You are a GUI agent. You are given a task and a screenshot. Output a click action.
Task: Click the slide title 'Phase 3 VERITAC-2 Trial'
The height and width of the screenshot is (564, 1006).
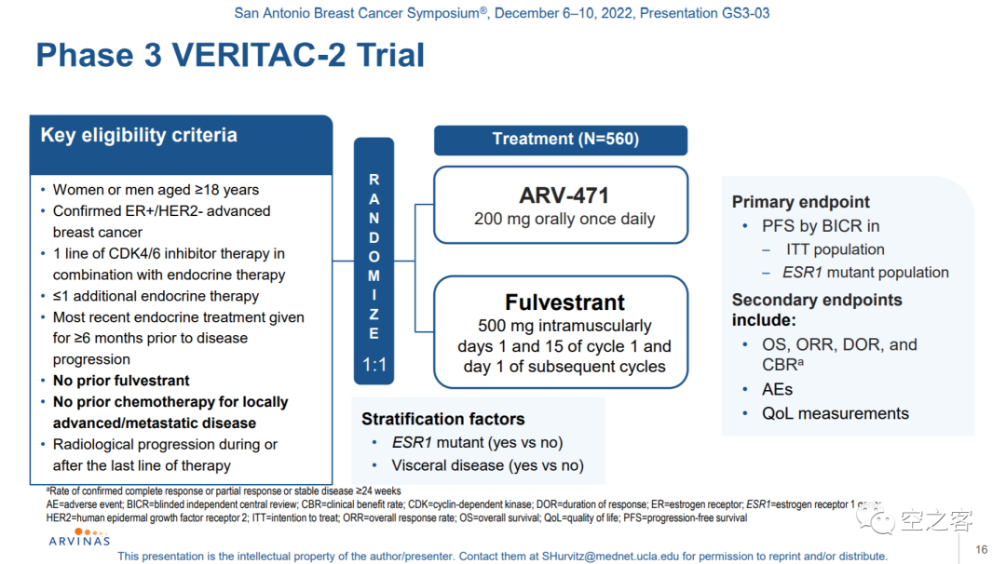click(x=230, y=55)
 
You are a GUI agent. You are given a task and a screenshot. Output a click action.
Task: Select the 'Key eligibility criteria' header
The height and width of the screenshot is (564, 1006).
click(x=139, y=135)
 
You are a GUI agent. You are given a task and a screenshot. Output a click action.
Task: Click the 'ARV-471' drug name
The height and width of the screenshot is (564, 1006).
click(x=564, y=195)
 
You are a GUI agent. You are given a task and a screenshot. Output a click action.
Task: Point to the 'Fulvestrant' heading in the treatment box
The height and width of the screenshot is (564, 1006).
click(x=564, y=302)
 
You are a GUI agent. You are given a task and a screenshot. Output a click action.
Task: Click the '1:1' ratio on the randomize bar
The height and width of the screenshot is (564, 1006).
click(x=374, y=365)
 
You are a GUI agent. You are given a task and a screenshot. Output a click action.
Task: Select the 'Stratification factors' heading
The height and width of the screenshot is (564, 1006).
click(x=442, y=419)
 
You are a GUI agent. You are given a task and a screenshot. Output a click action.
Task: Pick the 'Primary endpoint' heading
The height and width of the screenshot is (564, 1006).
click(x=801, y=202)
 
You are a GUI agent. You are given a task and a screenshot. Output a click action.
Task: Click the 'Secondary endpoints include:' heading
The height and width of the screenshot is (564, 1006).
click(x=817, y=310)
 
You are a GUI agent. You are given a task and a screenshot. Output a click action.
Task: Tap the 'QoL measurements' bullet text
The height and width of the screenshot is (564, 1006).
click(x=836, y=413)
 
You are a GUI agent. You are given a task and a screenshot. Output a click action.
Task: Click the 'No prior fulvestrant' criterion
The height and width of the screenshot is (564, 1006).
click(x=121, y=381)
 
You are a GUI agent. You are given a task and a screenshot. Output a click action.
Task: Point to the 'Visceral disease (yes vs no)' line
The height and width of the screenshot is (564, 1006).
click(x=487, y=465)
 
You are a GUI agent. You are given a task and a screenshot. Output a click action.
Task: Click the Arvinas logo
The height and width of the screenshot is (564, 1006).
click(x=79, y=538)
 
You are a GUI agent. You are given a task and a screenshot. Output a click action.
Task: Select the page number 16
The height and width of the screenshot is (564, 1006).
click(x=982, y=549)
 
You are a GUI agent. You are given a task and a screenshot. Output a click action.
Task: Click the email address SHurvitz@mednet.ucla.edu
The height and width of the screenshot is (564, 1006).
click(x=610, y=557)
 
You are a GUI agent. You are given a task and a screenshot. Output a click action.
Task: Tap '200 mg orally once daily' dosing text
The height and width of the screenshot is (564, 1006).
click(x=564, y=220)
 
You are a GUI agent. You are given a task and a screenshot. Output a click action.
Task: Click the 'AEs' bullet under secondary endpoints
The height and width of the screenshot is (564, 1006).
click(x=777, y=390)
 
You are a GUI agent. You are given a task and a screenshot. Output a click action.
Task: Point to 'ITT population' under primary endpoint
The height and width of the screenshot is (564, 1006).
click(x=836, y=249)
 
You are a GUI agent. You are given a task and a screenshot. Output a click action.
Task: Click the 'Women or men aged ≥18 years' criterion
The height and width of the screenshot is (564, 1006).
click(x=156, y=190)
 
